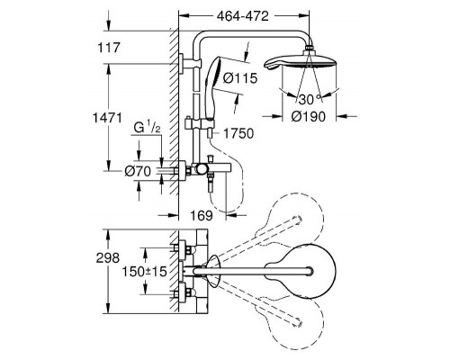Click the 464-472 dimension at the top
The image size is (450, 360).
pos(243,16)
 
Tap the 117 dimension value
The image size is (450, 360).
pos(109,48)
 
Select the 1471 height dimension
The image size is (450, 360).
pos(107,118)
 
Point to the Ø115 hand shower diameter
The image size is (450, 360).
pos(240,78)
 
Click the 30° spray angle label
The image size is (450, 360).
pos(309,99)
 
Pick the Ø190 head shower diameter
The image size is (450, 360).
pos(309,116)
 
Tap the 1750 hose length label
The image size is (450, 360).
pos(238,133)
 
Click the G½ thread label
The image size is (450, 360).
pos(147,129)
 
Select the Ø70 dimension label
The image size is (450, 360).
pos(138,172)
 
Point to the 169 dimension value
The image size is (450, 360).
pos(202,215)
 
